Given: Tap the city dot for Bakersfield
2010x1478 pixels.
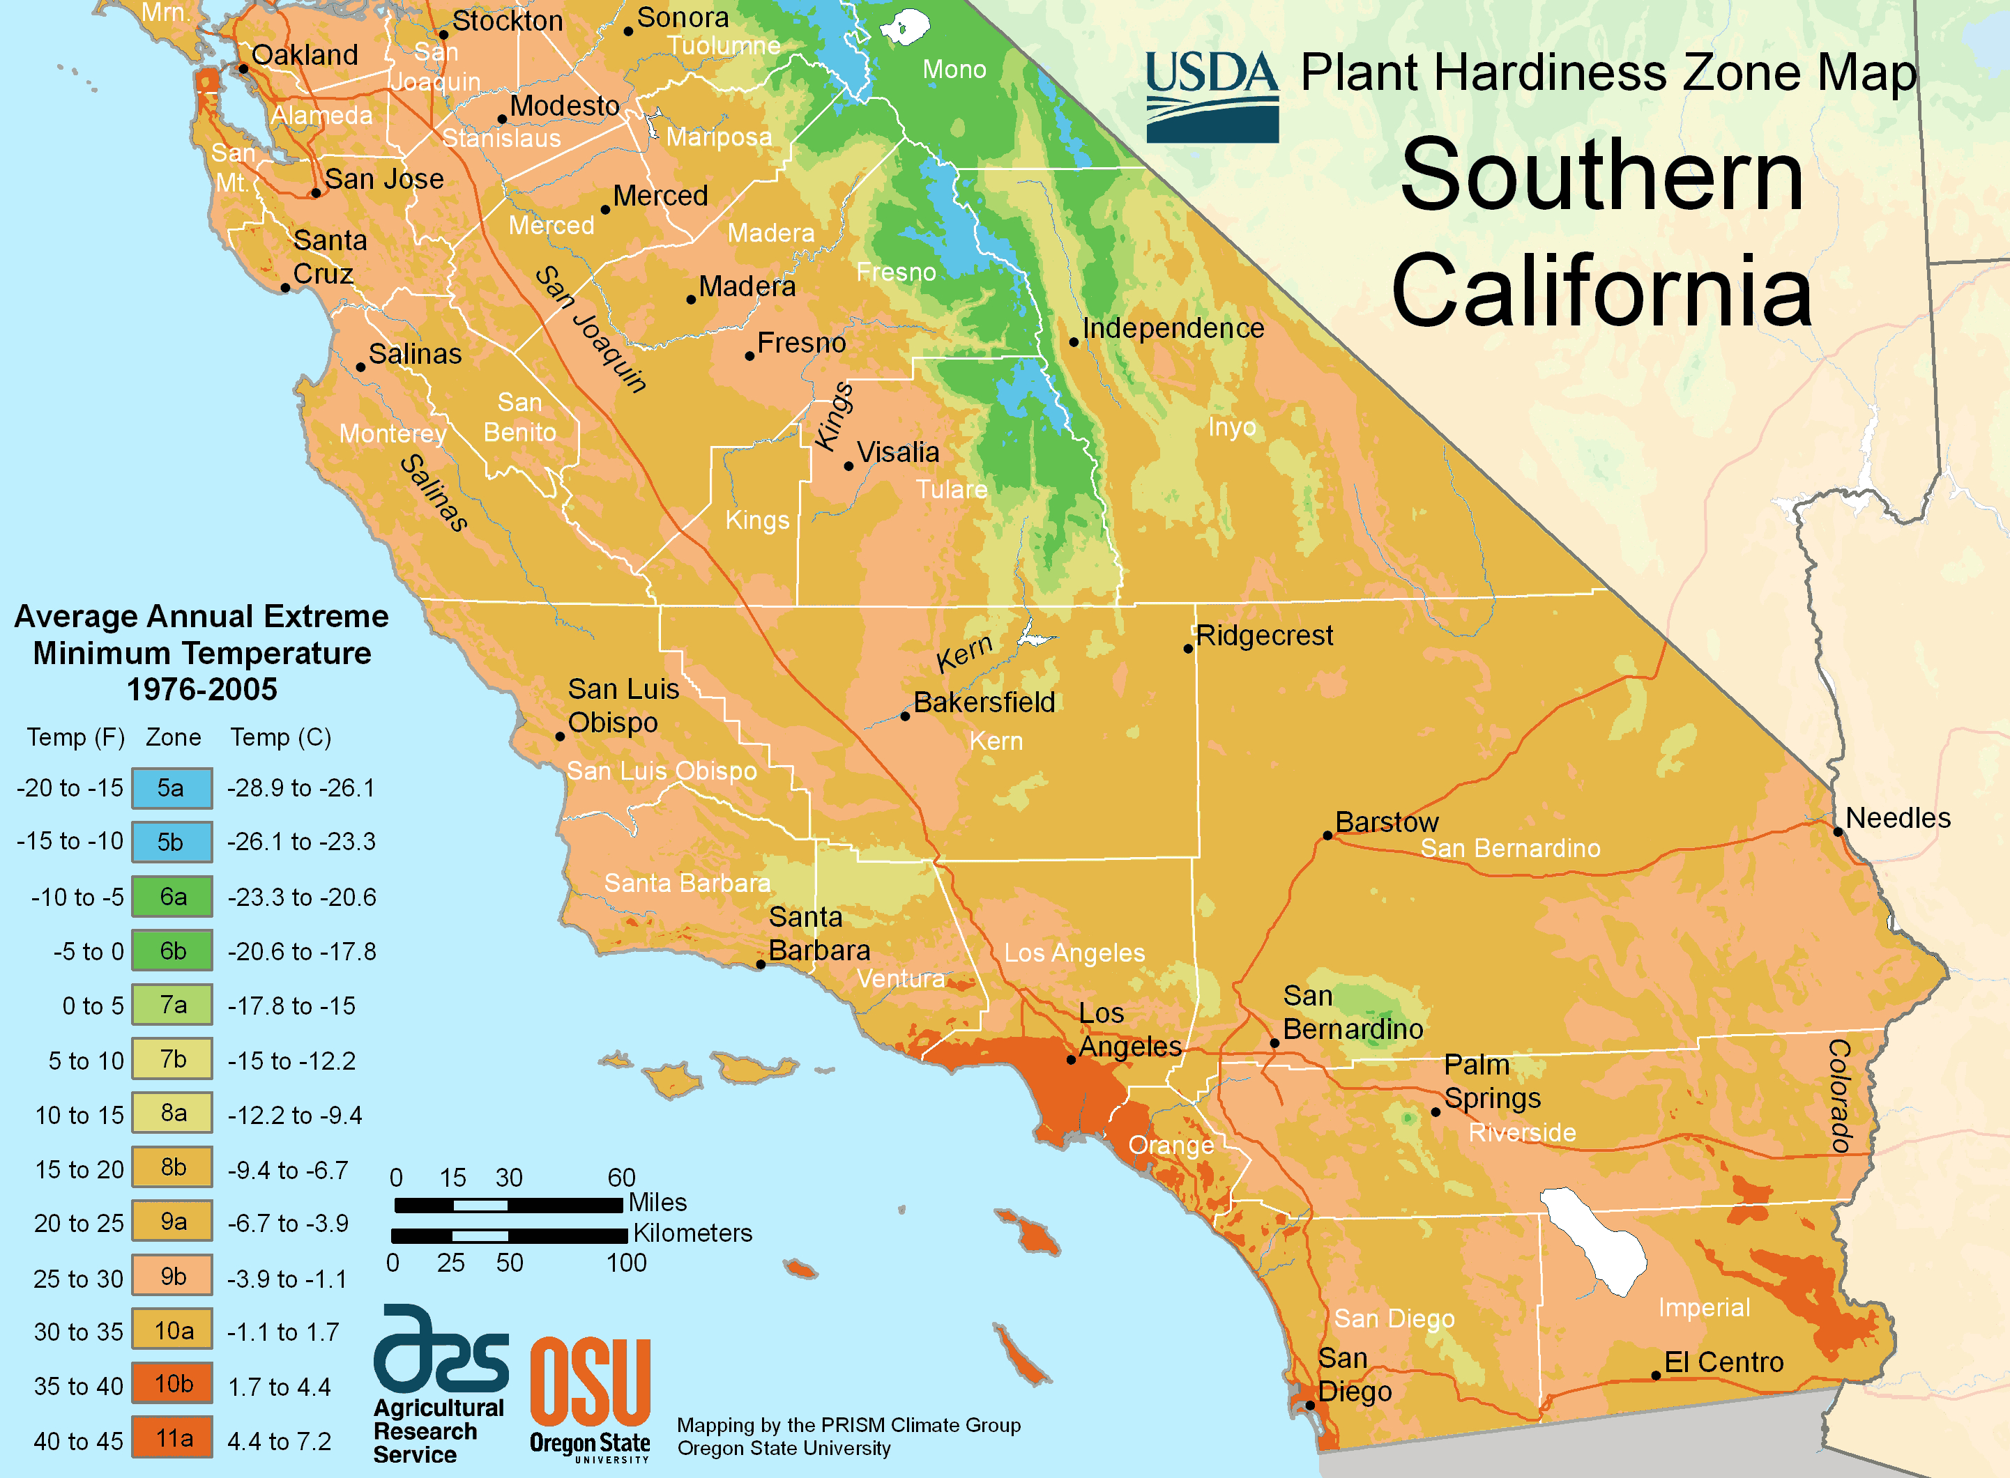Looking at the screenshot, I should point(905,716).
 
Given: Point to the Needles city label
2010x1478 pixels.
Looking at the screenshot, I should point(1897,817).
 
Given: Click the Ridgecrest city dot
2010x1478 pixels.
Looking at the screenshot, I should point(1189,649).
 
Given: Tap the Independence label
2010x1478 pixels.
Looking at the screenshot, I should point(1173,328).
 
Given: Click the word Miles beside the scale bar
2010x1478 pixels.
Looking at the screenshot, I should point(657,1203).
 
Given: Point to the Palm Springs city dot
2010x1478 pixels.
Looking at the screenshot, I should point(1436,1112).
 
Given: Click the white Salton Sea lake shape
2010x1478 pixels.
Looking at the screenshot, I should point(1594,1239).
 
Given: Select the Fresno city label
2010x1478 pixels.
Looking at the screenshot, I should point(801,343).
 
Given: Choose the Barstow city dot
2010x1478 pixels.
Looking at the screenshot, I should point(1328,836).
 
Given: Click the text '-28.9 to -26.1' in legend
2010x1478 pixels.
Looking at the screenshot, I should point(300,788).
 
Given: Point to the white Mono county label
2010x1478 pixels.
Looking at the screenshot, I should point(954,70).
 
